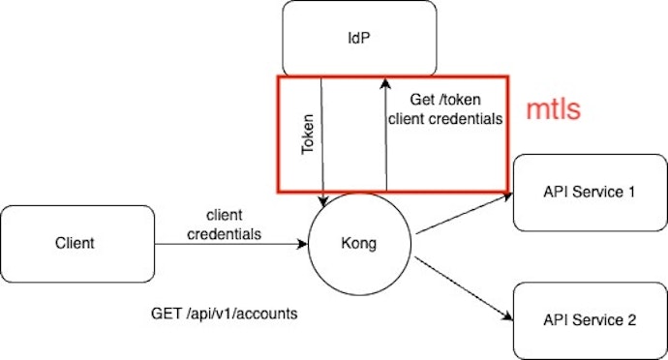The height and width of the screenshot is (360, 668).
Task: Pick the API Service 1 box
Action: (590, 192)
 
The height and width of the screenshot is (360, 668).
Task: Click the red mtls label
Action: (553, 109)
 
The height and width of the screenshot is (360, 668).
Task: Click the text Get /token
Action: (443, 100)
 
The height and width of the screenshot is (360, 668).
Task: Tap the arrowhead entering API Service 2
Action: (505, 315)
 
